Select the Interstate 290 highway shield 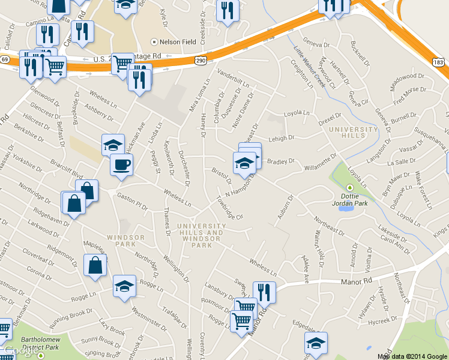200,61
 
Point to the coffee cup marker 121,164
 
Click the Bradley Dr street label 281,161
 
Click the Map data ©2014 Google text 412,356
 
